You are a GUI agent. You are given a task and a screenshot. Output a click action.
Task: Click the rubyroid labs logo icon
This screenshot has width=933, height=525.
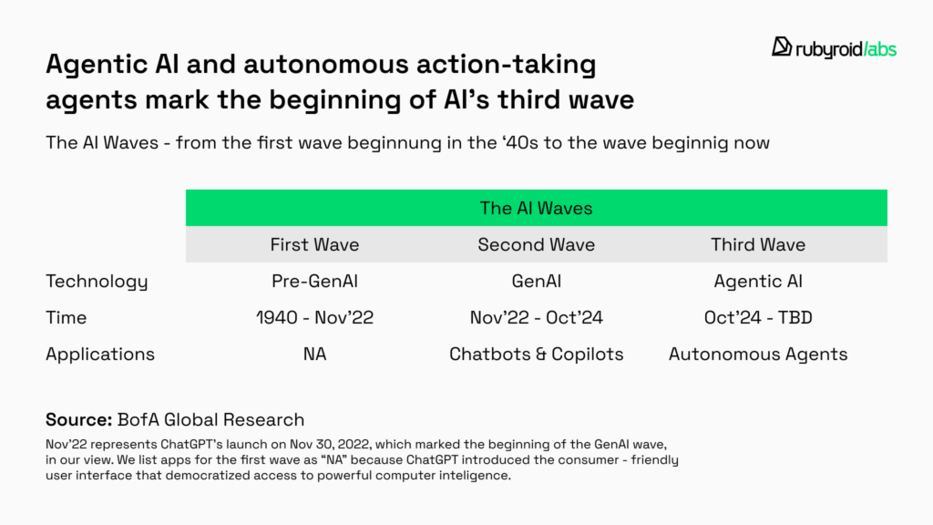tap(781, 46)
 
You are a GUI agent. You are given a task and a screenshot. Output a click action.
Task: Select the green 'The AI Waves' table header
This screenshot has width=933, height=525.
tap(536, 208)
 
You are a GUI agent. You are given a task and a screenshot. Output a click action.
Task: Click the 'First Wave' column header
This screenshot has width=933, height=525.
tap(314, 244)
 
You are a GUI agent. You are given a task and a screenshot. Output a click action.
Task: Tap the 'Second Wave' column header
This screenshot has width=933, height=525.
tap(536, 244)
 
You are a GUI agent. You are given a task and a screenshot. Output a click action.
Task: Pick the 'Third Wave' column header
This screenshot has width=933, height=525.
tap(758, 244)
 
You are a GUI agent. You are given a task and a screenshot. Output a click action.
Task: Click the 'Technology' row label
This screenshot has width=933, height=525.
tap(97, 282)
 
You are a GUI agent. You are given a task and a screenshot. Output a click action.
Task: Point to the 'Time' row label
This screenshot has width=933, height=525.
tap(66, 318)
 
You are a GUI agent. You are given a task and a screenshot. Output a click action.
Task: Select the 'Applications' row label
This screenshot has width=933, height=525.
tap(100, 355)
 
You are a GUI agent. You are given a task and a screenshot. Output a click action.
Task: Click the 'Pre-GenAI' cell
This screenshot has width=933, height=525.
tap(314, 281)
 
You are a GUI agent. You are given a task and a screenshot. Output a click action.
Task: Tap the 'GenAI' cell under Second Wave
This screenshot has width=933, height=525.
tap(536, 281)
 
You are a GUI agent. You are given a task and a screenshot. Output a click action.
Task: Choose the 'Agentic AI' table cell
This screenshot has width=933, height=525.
tap(758, 282)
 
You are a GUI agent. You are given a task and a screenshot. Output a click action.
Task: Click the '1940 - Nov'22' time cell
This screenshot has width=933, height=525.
tap(314, 317)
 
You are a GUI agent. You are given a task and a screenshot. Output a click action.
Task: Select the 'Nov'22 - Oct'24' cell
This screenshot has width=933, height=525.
tap(536, 317)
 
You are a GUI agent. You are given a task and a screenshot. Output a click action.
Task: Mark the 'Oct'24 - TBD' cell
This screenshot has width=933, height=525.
tap(758, 317)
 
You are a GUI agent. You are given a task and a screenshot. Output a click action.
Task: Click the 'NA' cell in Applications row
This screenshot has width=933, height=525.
tap(314, 355)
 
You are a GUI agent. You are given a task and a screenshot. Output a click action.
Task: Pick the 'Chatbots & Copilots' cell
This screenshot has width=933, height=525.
tap(536, 355)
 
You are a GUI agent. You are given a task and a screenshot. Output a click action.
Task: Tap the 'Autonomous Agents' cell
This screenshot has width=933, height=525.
tap(758, 355)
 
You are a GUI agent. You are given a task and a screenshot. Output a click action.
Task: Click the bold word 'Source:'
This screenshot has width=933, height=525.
tap(78, 419)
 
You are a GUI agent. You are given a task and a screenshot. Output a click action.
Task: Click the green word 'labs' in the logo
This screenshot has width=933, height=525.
tap(882, 49)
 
